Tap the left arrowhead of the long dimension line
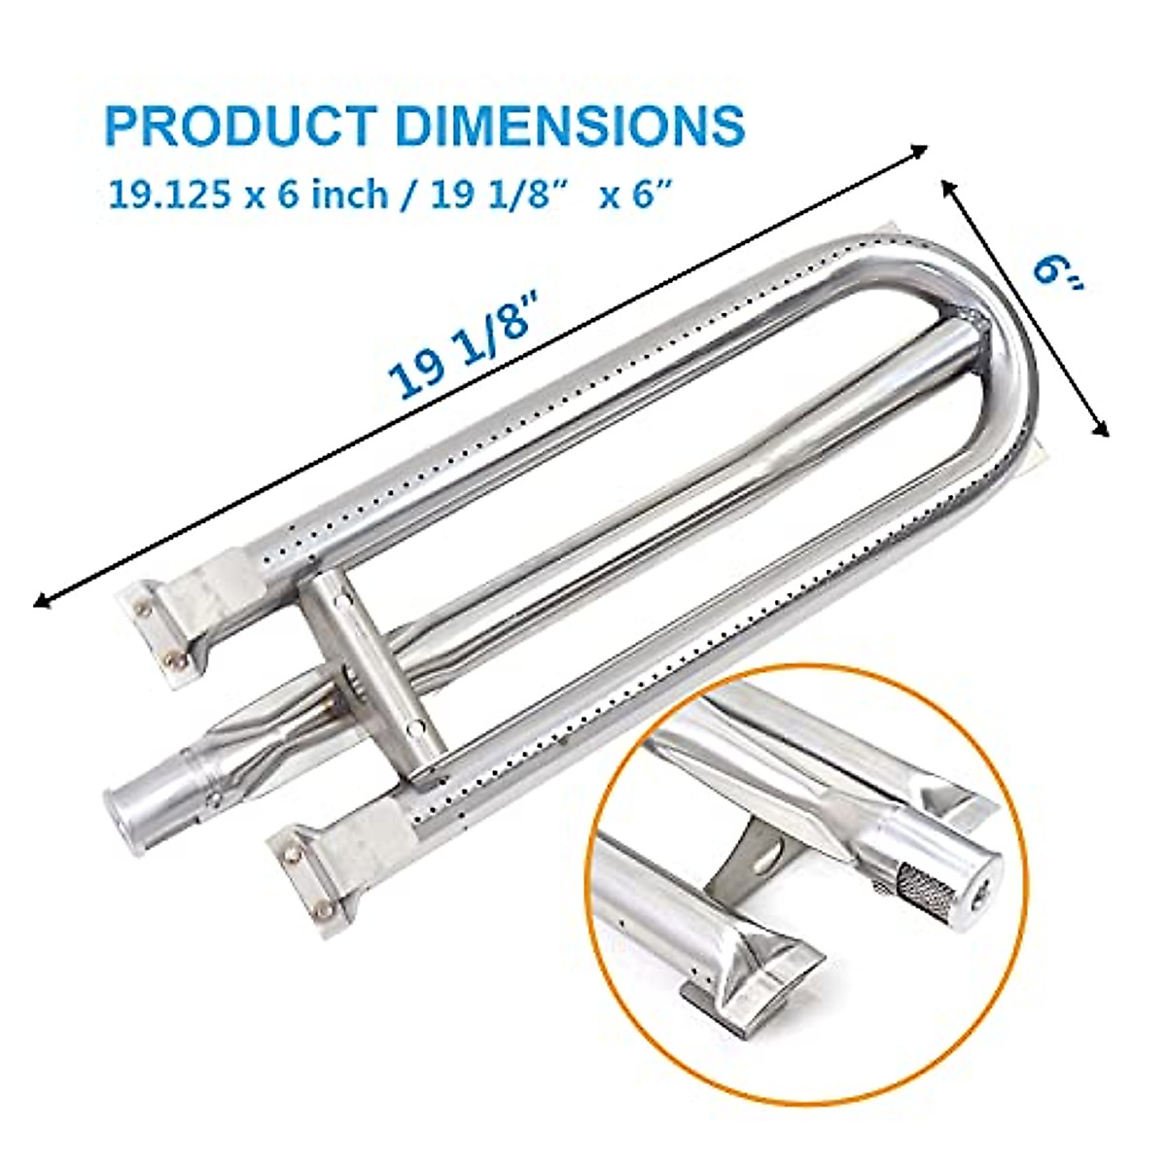point(41,602)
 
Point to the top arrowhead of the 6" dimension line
point(948,185)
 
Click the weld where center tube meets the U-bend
point(972,326)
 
